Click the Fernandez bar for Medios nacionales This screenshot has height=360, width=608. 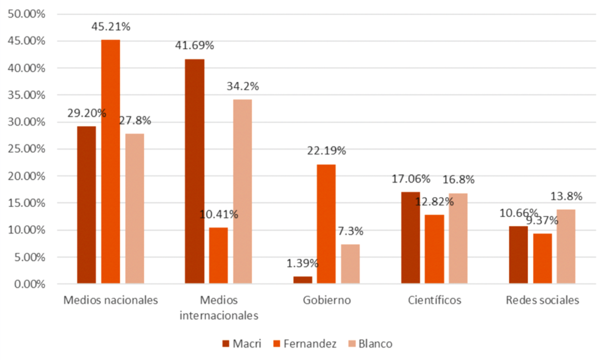tap(110, 162)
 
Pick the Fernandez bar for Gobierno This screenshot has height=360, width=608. tap(326, 224)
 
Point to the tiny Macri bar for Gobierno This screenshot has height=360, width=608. tap(302, 280)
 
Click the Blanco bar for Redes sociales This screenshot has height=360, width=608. tap(566, 247)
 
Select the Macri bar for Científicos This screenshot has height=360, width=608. tap(410, 238)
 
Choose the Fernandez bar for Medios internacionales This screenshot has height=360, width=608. tap(218, 255)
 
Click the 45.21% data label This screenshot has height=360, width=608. tap(110, 27)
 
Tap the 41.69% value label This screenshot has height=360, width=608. tap(194, 46)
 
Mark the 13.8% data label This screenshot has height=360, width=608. tap(566, 197)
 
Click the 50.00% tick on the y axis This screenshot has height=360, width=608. tap(26, 14)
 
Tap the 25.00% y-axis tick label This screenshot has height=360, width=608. tap(26, 149)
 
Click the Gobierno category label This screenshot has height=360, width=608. tap(326, 300)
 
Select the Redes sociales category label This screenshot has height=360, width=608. tap(542, 300)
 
